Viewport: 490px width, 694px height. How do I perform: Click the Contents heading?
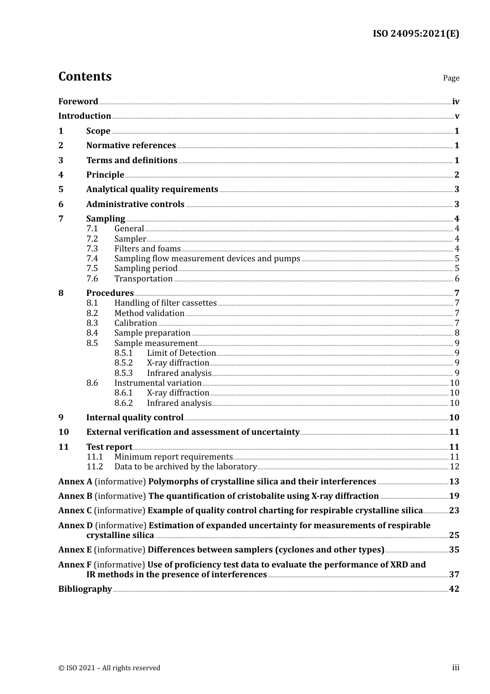pyautogui.click(x=85, y=76)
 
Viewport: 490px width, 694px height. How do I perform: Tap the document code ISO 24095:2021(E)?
pyautogui.click(x=416, y=34)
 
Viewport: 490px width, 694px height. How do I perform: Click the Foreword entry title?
pyautogui.click(x=78, y=101)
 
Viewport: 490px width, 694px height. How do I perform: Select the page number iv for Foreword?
pyautogui.click(x=455, y=101)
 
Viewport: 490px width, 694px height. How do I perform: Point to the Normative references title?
pyautogui.click(x=131, y=146)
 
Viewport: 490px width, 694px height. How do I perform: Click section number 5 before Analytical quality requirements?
pyautogui.click(x=61, y=190)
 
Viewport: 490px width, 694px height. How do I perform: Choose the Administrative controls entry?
pyautogui.click(x=135, y=204)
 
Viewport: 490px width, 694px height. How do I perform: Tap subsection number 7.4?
pyautogui.click(x=92, y=259)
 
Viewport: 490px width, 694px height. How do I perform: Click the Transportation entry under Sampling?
pyautogui.click(x=143, y=279)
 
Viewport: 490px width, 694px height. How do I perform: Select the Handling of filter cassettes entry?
pyautogui.click(x=165, y=303)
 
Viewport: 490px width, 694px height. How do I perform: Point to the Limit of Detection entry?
pyautogui.click(x=181, y=353)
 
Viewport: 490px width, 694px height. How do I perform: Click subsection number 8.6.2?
pyautogui.click(x=123, y=403)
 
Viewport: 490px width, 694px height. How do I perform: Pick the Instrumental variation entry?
pyautogui.click(x=158, y=383)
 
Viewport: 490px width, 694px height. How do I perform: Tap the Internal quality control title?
pyautogui.click(x=135, y=418)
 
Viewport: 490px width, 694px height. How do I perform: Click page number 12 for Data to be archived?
pyautogui.click(x=454, y=467)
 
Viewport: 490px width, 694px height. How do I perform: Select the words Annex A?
pyautogui.click(x=75, y=482)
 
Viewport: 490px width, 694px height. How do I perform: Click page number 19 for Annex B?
pyautogui.click(x=454, y=496)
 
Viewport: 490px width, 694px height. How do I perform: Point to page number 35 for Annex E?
pyautogui.click(x=454, y=550)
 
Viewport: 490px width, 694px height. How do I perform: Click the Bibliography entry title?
pyautogui.click(x=85, y=589)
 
